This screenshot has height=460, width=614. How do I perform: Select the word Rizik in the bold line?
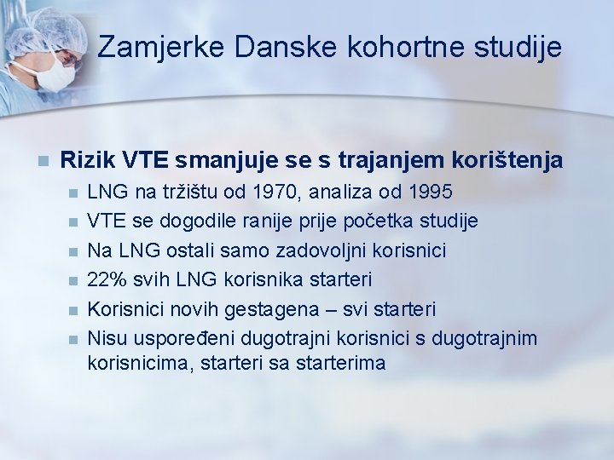89,159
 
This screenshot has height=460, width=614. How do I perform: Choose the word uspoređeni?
182,338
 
